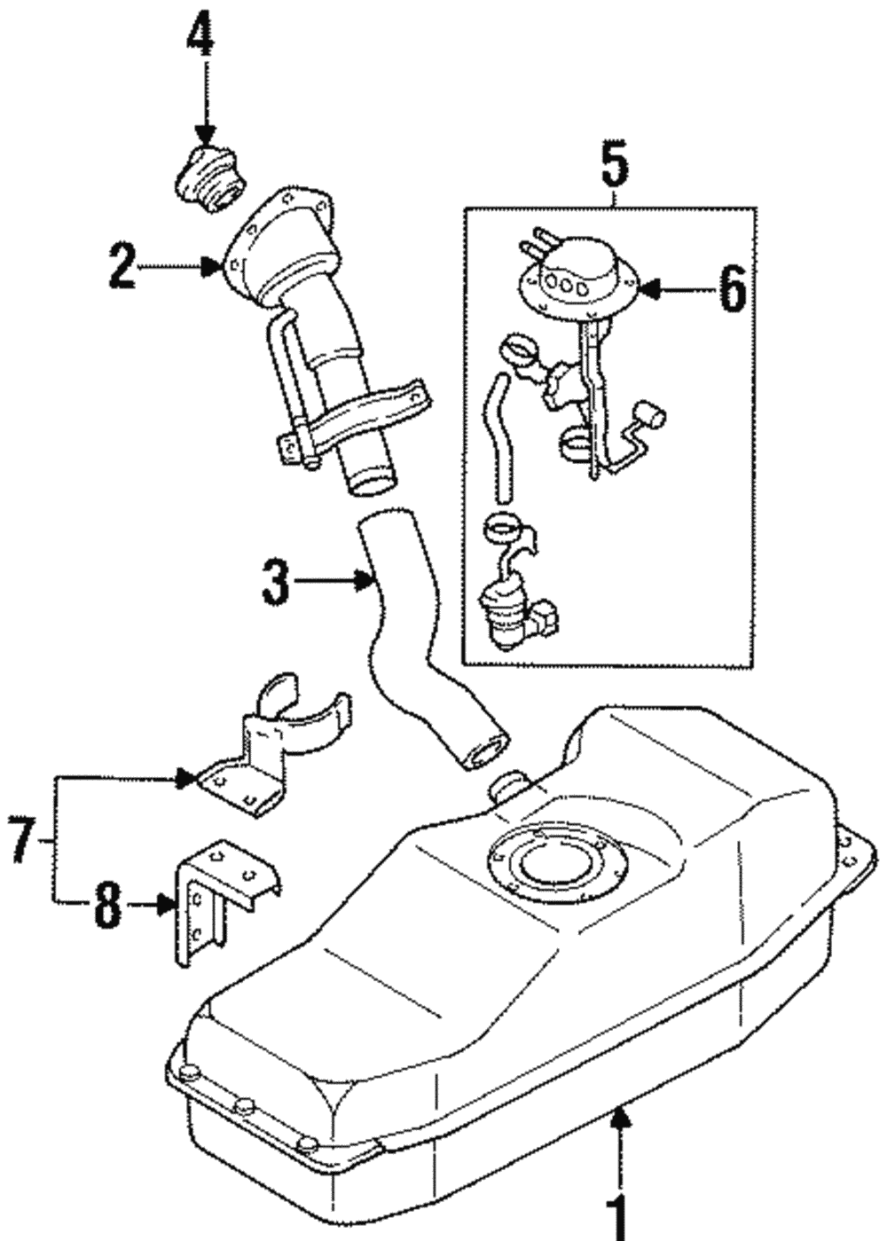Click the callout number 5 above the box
(x=613, y=166)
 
